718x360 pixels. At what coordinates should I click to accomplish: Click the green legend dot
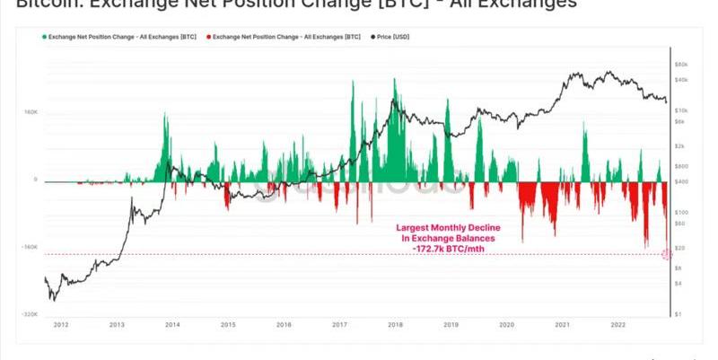44,37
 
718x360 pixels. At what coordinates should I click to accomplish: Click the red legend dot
208,37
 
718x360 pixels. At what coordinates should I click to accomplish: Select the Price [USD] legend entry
395,37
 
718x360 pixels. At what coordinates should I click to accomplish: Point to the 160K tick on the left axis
31,112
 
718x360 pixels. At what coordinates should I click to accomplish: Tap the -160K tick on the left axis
30,247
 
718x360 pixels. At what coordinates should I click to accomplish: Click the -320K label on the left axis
30,314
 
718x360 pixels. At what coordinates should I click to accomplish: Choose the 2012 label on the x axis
60,324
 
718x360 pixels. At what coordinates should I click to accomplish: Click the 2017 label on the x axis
339,324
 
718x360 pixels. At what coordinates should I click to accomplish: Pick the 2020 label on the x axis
506,324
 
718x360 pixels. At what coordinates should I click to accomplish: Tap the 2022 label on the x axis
617,324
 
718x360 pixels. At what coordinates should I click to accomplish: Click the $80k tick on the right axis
681,65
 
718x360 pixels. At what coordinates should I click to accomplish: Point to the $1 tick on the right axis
679,314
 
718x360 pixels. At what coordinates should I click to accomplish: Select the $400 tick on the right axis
681,182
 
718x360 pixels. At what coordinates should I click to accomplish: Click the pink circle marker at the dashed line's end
666,254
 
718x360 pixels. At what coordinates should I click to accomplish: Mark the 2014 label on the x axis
171,324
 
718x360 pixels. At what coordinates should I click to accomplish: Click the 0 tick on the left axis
36,180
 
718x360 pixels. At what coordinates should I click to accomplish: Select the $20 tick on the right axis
680,247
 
